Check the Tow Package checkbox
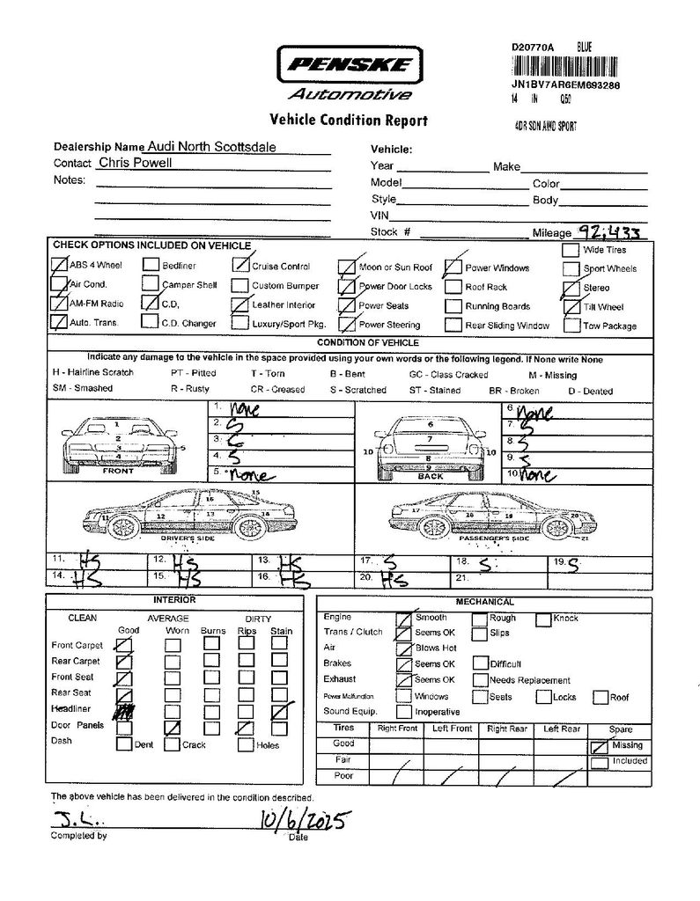570,326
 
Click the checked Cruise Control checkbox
239,265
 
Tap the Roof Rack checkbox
453,287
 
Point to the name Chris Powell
135,163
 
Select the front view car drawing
118,440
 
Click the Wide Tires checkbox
570,250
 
